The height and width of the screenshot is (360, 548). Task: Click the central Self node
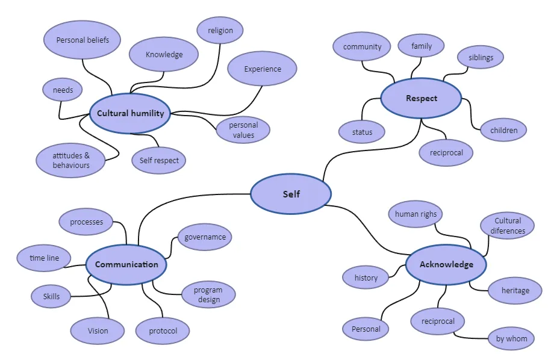[x=291, y=194]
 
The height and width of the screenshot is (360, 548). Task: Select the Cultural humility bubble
[x=130, y=113]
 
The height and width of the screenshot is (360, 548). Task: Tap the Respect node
[x=421, y=98]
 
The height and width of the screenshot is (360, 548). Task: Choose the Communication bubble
[x=126, y=265]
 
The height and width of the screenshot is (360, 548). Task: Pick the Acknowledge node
[x=446, y=265]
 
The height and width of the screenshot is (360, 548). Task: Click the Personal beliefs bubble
[x=83, y=40]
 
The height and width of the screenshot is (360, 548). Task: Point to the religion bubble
[x=220, y=31]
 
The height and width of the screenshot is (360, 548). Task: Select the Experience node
[x=262, y=69]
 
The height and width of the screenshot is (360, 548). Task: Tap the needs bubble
[x=63, y=90]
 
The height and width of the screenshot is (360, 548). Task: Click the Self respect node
[x=158, y=160]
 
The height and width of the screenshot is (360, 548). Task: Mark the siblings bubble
[x=481, y=57]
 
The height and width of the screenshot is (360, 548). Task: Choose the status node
[x=362, y=132]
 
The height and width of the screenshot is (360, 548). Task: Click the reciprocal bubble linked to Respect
[x=446, y=153]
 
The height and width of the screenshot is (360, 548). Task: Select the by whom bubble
[x=511, y=338]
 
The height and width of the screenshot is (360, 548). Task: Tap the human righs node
[x=416, y=214]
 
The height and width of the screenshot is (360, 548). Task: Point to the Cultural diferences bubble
[x=508, y=226]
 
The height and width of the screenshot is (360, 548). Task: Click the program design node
[x=208, y=294]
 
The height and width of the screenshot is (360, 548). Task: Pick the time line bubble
[x=44, y=258]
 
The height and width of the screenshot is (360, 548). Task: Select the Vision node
[x=98, y=331]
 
